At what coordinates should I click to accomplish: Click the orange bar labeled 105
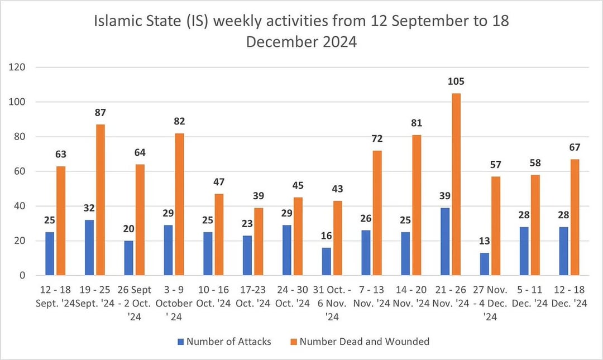pos(456,184)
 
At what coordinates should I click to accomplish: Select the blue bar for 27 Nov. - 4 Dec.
pos(484,264)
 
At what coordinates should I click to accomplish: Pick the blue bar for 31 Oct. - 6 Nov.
pos(327,261)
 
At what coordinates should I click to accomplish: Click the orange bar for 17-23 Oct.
pos(259,241)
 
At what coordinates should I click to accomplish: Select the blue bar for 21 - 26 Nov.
pos(445,241)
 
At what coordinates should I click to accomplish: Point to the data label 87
pos(100,113)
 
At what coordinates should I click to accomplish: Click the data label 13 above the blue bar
pos(484,242)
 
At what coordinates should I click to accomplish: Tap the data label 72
pos(377,139)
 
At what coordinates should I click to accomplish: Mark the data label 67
pos(575,147)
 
